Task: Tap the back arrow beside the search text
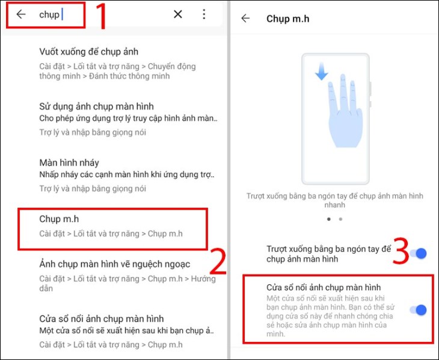[21, 14]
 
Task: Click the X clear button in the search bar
[178, 14]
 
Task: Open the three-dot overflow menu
[204, 14]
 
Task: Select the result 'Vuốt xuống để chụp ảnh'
[88, 52]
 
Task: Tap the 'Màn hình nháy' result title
[69, 163]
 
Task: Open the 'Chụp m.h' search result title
[59, 219]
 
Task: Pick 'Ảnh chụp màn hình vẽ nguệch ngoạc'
[114, 264]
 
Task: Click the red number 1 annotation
[101, 18]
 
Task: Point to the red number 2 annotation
[216, 262]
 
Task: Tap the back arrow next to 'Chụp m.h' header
[245, 19]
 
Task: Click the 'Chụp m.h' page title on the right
[287, 19]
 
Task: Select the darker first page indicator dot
[328, 219]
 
